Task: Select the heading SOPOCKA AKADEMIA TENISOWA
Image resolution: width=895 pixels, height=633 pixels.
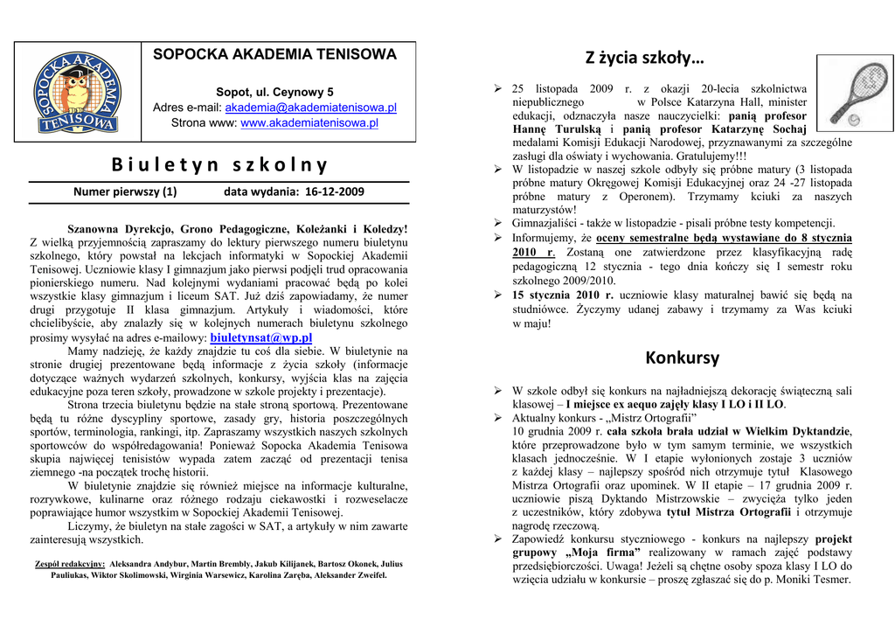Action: pos(274,54)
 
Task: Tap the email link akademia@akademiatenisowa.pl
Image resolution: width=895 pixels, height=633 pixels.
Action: pos(311,108)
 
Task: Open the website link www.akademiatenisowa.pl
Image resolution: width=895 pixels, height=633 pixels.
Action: pos(309,123)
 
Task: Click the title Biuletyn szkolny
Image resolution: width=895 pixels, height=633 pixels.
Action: pos(219,164)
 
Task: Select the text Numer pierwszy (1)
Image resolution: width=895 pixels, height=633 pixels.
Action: pos(125,191)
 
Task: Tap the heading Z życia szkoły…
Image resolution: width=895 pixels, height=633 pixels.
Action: pos(644,59)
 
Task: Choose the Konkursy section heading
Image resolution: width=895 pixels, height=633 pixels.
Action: pos(682,358)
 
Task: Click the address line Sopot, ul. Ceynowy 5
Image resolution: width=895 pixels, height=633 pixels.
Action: pos(274,92)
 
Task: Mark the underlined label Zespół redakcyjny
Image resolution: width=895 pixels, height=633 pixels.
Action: pos(70,565)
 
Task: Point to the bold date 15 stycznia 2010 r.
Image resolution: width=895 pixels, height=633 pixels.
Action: pos(563,296)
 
